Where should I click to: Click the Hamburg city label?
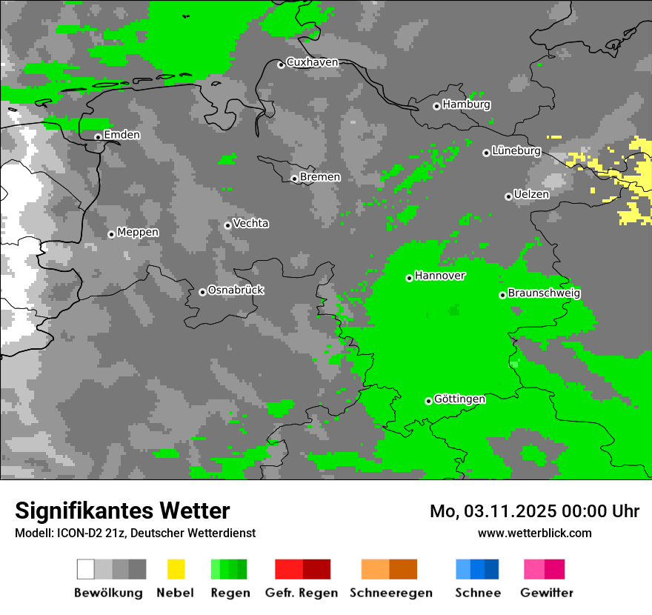tap(466, 104)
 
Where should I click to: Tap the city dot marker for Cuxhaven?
tap(281, 64)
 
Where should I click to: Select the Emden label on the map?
tap(122, 135)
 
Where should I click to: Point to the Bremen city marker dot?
tap(294, 179)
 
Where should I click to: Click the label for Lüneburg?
tap(516, 150)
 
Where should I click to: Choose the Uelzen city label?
tap(531, 194)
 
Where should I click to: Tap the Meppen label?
tap(138, 232)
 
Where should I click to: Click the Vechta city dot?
tap(227, 225)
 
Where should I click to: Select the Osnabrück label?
tap(236, 290)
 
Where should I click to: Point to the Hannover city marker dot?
tap(409, 278)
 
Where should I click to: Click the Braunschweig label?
tap(544, 293)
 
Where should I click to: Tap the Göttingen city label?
tap(459, 399)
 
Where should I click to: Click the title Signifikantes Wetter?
tap(122, 511)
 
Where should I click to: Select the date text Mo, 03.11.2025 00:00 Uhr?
tap(534, 511)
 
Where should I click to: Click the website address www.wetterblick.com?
tap(534, 533)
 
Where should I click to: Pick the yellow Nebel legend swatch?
tap(176, 569)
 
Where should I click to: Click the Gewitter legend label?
tap(546, 593)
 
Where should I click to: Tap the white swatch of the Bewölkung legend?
tap(86, 569)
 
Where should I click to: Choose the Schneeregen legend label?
tap(390, 593)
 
